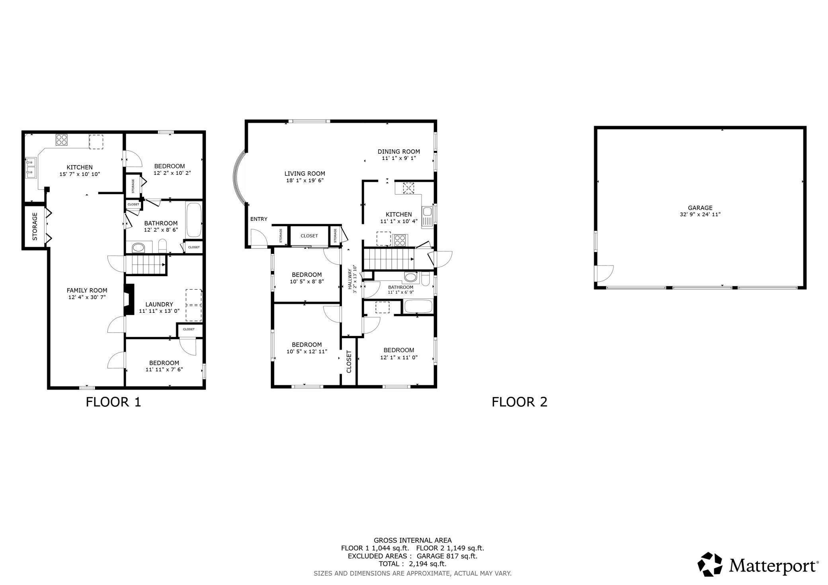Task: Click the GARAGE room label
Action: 700,208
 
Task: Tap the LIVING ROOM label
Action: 305,174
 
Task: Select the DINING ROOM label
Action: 398,151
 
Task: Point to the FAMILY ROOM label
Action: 87,290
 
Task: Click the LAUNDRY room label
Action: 159,304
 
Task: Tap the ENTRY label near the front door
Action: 259,219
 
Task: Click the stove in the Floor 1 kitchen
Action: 61,140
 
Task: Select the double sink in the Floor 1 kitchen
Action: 31,168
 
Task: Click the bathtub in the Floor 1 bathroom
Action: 194,220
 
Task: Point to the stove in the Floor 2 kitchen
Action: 400,240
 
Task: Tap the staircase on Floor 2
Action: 389,259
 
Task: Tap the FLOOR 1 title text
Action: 113,402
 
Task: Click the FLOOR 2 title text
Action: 519,402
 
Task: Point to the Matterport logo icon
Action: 710,564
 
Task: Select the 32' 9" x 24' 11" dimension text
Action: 700,214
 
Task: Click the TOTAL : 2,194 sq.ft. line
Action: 412,564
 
